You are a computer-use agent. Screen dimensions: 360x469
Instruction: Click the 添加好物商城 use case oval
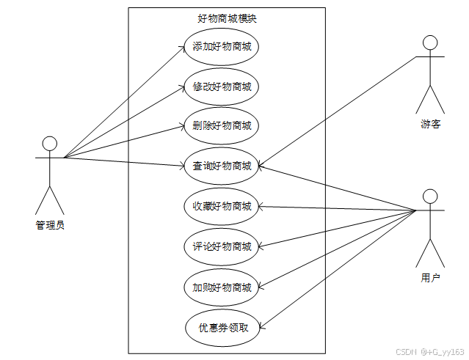point(222,48)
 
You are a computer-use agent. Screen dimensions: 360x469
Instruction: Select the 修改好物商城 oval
point(222,87)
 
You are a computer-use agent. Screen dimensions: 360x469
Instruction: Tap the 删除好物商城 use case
point(222,126)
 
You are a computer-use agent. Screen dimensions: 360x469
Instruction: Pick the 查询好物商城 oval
point(222,166)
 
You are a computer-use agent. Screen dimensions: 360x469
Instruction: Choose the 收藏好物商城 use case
point(222,206)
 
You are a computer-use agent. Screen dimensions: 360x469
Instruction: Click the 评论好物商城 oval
point(222,246)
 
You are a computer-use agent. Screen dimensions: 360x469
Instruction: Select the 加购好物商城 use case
point(222,287)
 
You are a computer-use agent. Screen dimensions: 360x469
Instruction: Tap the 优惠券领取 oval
point(222,327)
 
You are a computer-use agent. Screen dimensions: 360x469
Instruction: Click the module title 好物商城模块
point(228,19)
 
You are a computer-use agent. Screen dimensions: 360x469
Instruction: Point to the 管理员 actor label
point(50,225)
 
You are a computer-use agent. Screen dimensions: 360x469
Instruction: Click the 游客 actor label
point(430,124)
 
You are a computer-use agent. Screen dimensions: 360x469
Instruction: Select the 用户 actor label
point(430,278)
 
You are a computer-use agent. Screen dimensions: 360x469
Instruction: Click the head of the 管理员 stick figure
point(50,142)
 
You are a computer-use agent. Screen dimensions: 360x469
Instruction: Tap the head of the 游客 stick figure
point(430,42)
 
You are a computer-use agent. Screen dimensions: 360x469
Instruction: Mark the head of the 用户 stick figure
point(430,196)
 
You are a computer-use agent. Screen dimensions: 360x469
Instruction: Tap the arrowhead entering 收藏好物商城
point(260,206)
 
